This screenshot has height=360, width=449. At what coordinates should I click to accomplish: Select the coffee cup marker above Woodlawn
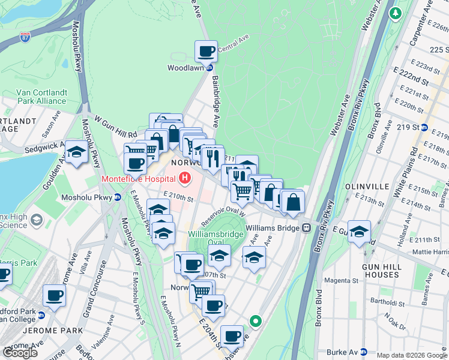tap(206, 52)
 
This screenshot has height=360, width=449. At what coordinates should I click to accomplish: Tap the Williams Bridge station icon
tap(306, 228)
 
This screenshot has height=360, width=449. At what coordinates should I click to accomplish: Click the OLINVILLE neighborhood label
tap(367, 187)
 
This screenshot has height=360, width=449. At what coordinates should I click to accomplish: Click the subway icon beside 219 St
tap(424, 127)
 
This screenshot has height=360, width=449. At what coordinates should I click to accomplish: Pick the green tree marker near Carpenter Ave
tap(395, 13)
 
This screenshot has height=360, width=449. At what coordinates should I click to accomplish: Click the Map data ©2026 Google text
tap(412, 355)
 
